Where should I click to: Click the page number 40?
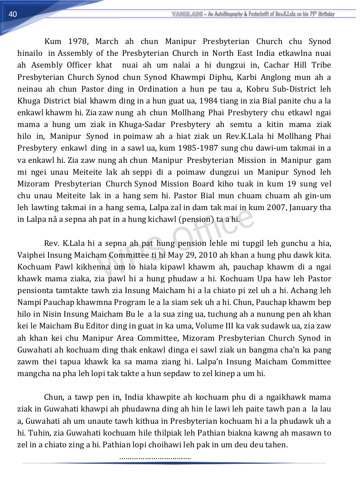[x=13, y=15]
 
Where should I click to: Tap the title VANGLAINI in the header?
[x=187, y=14]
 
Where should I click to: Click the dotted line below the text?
[x=155, y=457]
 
